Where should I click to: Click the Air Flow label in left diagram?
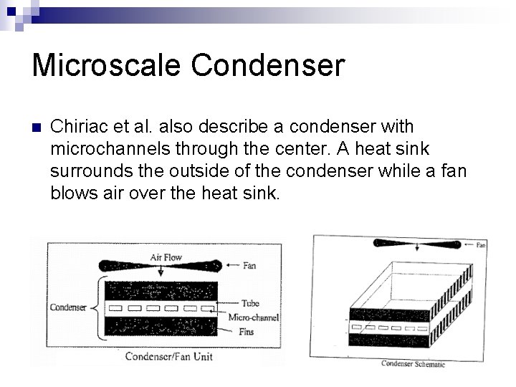(166, 256)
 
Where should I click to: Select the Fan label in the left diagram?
(249, 266)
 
